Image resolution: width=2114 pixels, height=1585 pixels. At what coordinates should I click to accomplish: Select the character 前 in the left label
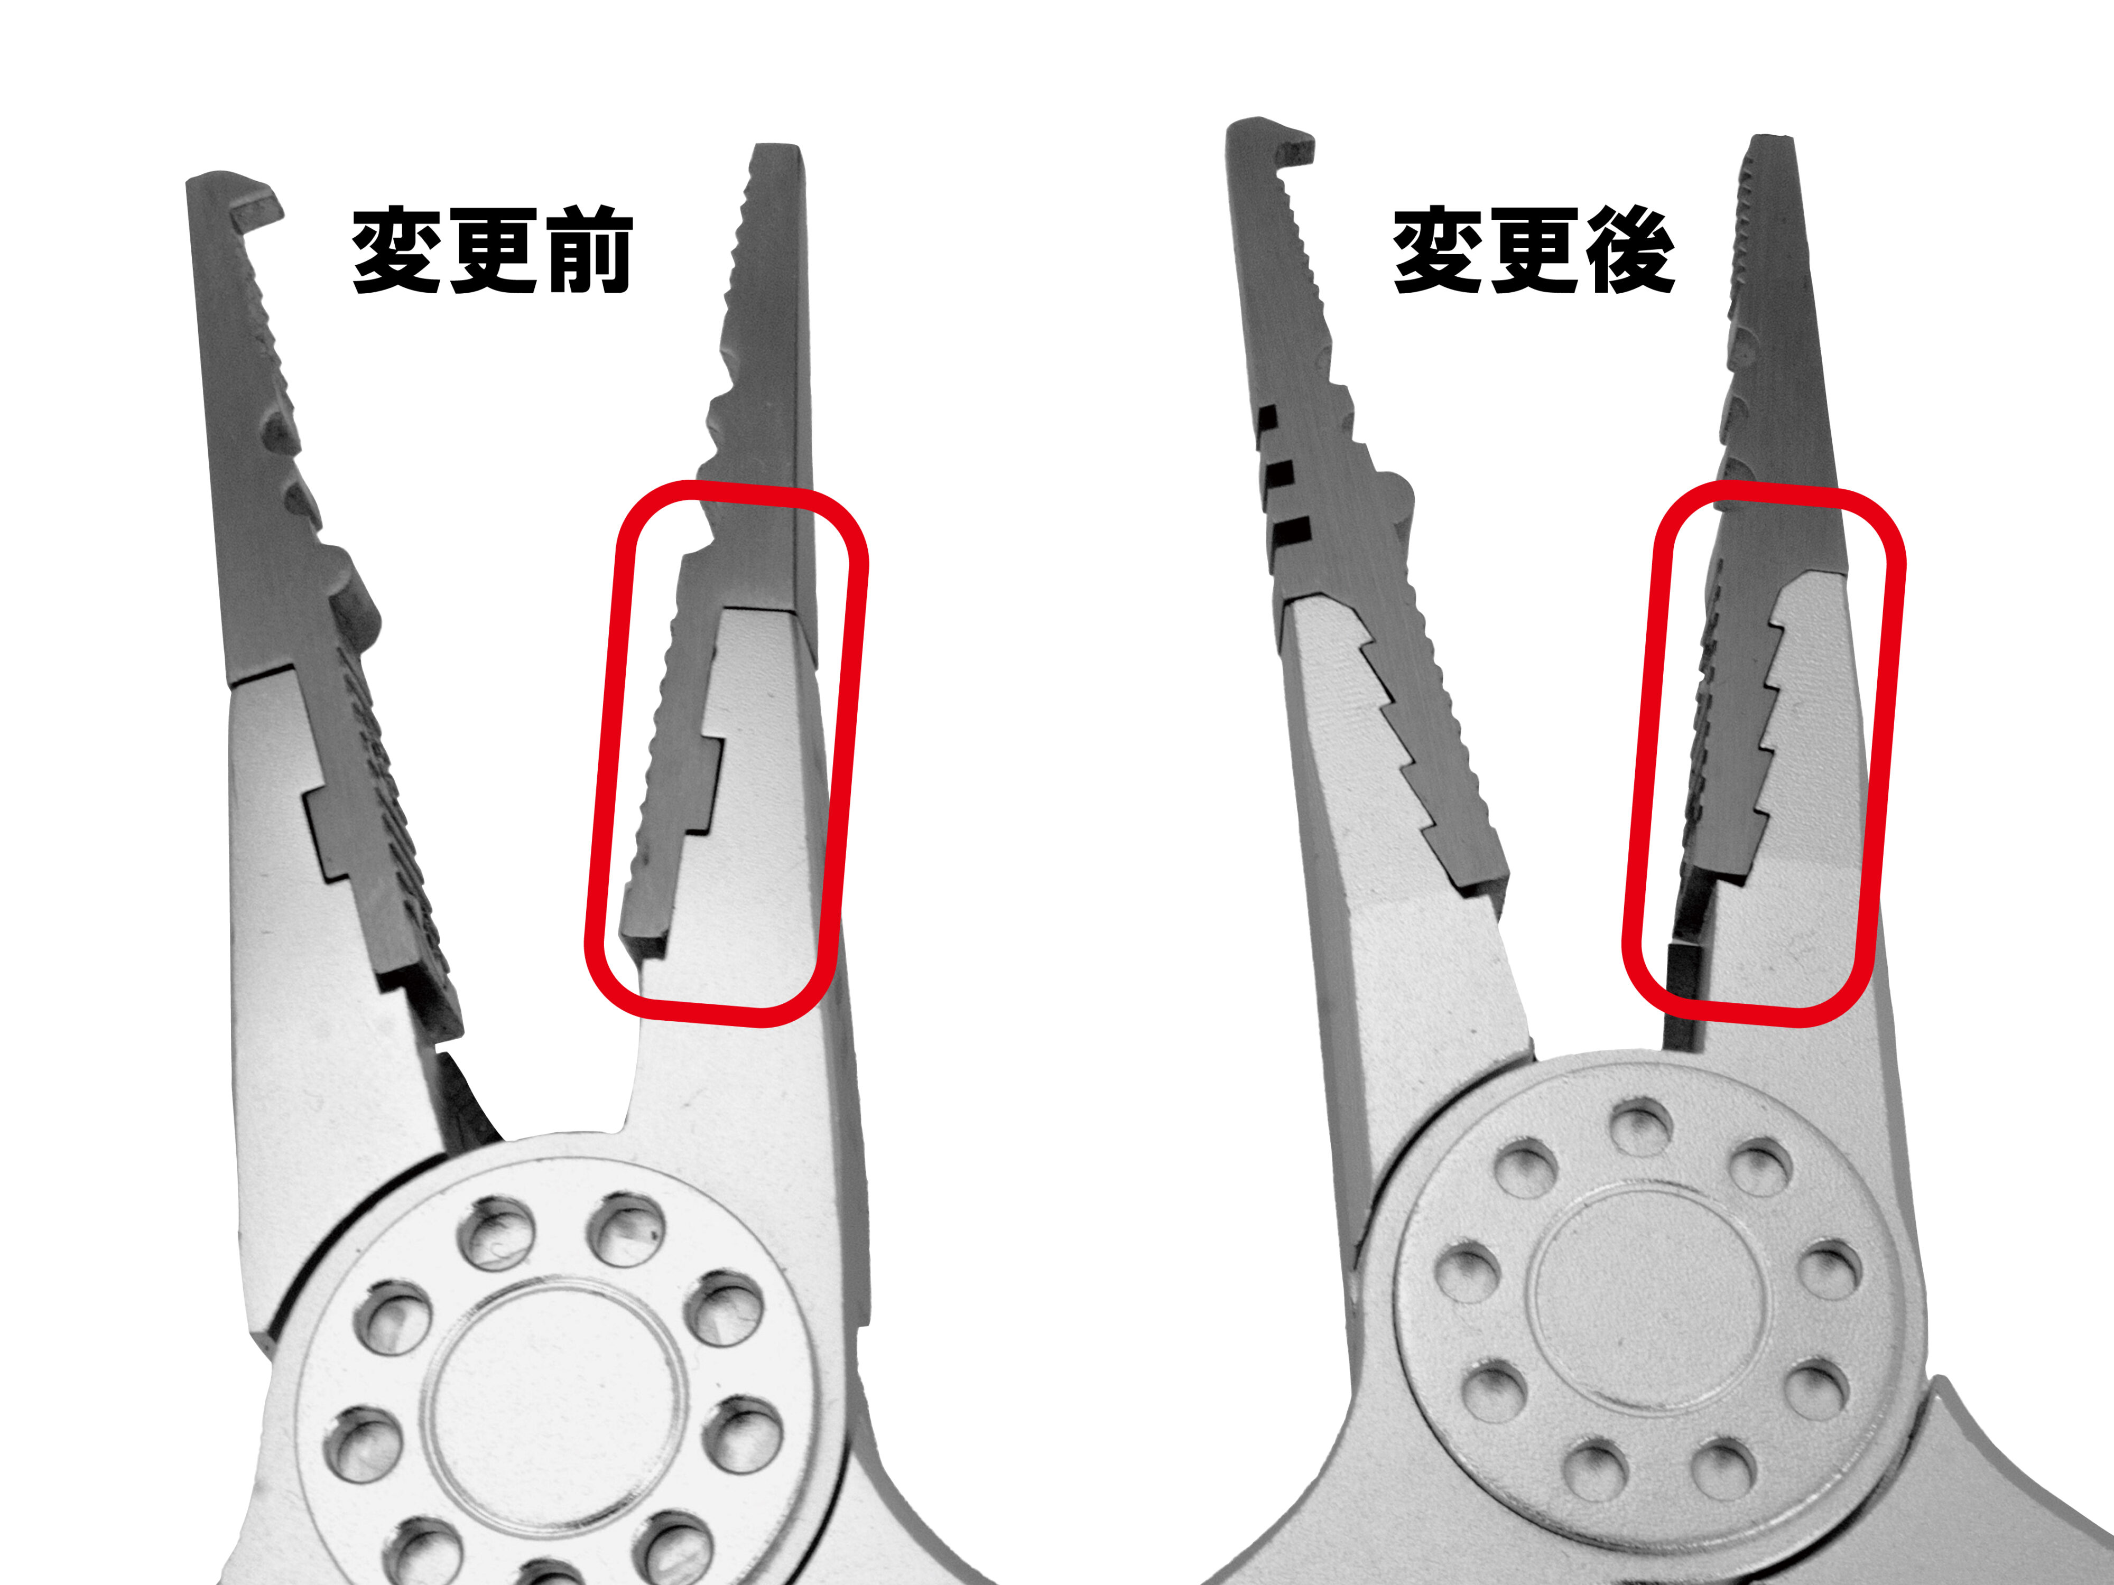tap(586, 251)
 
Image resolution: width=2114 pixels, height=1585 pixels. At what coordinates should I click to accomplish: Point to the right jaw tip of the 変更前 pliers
tap(776, 151)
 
